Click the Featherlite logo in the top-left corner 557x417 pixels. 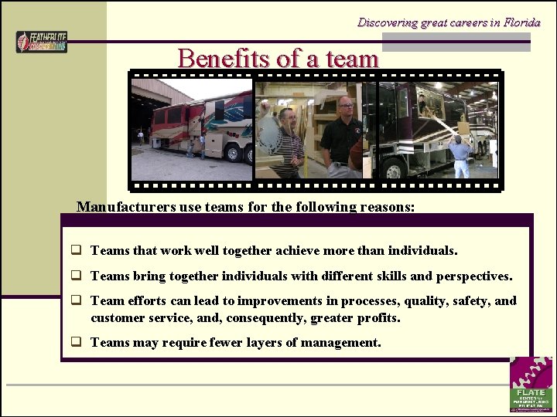pos(41,42)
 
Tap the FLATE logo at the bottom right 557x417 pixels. pos(531,384)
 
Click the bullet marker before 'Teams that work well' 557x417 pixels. pos(77,251)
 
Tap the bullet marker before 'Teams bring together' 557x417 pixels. pos(77,276)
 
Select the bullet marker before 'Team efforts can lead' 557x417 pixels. pos(77,301)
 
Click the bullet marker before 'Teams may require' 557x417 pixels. pos(77,342)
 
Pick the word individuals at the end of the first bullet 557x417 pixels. pos(422,251)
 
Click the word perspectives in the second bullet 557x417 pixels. pos(473,276)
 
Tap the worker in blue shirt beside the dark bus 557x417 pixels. pos(461,154)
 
